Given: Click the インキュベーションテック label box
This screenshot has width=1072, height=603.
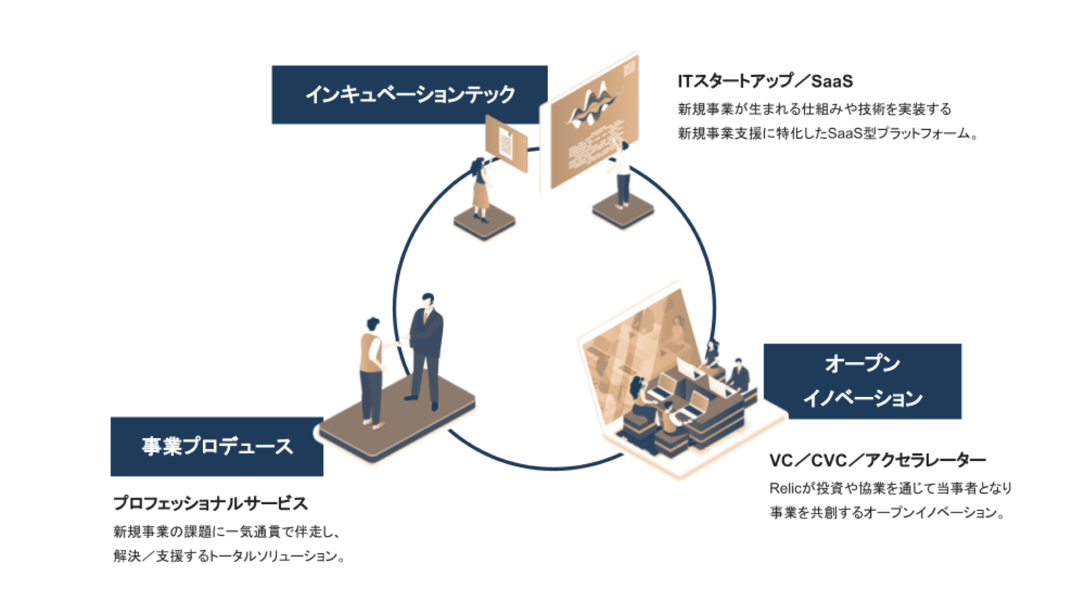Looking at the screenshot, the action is coord(409,94).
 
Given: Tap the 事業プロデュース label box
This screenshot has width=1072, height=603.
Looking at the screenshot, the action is coord(217,446).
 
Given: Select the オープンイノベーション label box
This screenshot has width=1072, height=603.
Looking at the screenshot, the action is coord(862,381).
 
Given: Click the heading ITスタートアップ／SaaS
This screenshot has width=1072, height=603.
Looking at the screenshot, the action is coord(765,82).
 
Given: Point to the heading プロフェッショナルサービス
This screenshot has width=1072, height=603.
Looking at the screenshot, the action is coord(210,503).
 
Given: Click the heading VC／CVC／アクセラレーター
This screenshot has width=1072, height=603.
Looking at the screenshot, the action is coord(877,460).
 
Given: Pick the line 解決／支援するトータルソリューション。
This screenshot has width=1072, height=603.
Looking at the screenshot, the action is coord(229,556).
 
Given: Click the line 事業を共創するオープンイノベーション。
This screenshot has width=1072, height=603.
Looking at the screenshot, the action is coord(887,513).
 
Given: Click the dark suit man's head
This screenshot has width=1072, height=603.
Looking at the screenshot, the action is coord(428,301).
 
